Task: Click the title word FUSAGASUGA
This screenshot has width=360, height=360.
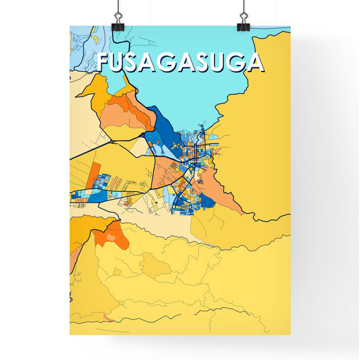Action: click(180, 62)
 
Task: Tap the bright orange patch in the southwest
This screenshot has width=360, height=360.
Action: click(108, 233)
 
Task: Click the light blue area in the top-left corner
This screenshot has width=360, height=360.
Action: click(84, 44)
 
